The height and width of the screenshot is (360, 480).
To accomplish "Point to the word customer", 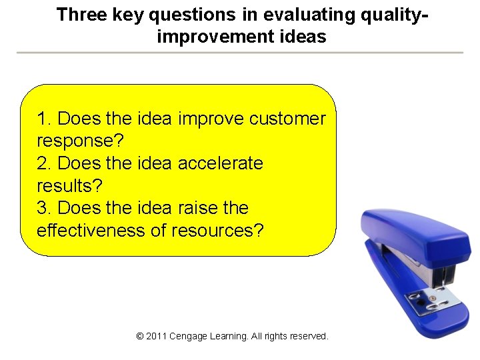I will pos(287,119).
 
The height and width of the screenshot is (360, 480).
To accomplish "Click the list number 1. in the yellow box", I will pos(45,119).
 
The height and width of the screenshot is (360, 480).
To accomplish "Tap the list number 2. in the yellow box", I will pos(45,163).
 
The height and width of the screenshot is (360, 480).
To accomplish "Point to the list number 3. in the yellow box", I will pos(45,208).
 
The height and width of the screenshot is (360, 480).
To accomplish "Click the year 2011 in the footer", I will pos(156,337).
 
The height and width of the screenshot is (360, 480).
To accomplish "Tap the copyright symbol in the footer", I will pos(139,337).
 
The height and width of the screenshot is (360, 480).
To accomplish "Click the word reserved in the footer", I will pos(307,337).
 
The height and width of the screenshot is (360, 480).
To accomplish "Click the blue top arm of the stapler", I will pos(413,233).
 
